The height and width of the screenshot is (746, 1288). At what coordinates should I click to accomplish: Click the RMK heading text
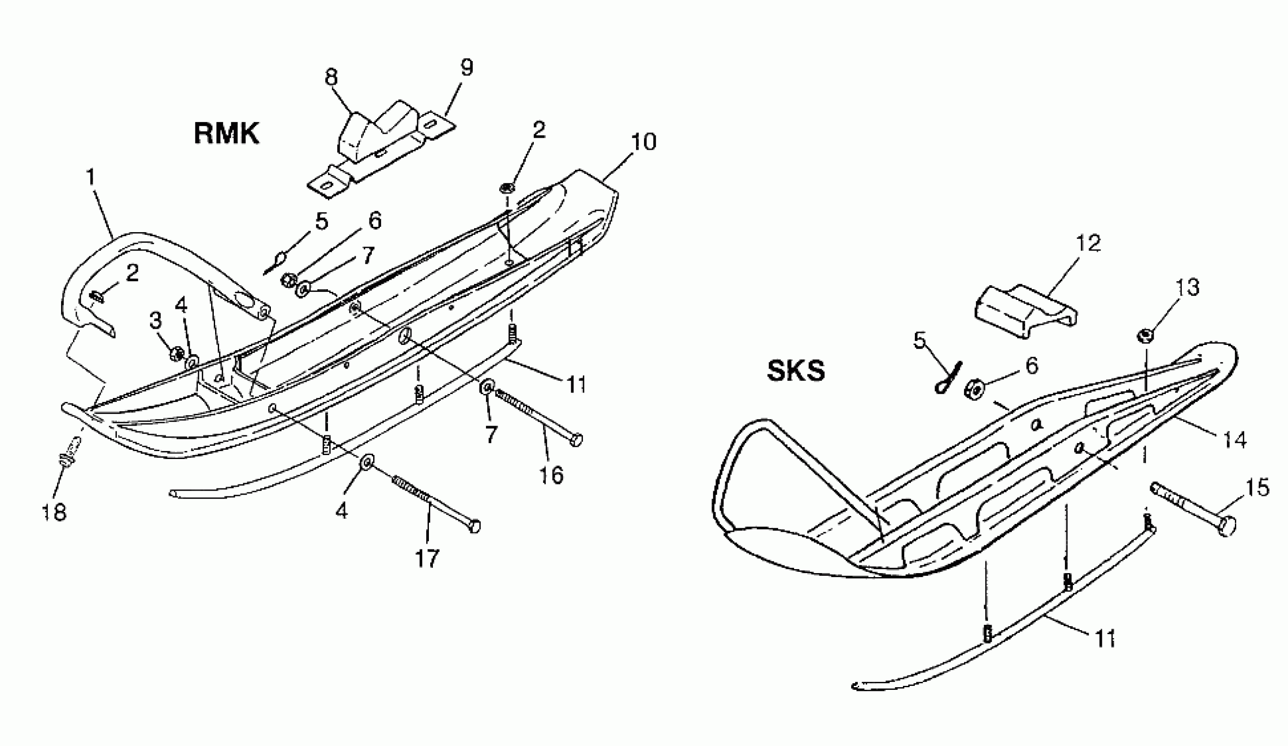coord(227,134)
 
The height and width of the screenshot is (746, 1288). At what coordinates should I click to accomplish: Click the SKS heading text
coord(796,371)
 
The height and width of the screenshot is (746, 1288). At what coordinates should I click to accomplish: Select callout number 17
coord(427,559)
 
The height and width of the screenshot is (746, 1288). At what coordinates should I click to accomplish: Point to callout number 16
coord(551,475)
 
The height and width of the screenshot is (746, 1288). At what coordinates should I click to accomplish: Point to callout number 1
coord(90,177)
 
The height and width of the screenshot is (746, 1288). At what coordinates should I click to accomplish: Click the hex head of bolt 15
coord(1227,526)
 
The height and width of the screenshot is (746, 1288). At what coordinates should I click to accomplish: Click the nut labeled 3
coord(177,352)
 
